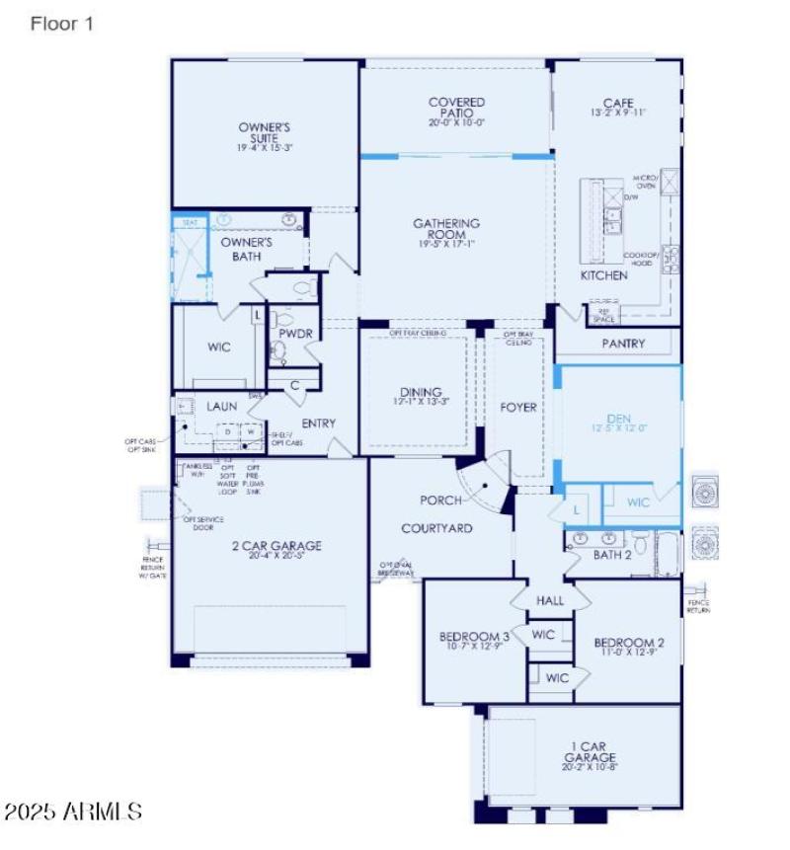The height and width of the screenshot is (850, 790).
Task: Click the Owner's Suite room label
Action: pos(264,132)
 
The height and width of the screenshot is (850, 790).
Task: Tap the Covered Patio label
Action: pos(456,108)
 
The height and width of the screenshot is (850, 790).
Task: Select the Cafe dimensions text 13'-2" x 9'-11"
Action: pos(617,114)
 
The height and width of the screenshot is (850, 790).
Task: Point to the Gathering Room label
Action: pos(446,230)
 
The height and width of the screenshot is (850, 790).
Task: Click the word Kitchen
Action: pos(603,275)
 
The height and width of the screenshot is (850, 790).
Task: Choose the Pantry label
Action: pos(623,344)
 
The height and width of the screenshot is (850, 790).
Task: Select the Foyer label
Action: pos(518,407)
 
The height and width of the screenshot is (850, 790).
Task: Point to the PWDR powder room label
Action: pos(295,334)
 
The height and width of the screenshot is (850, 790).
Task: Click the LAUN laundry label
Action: pos(221,406)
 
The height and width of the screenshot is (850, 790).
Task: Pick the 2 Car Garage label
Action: pos(271,545)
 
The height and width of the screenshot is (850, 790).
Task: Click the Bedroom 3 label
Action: pos(474,637)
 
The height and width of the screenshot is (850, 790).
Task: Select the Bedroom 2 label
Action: pos(628,644)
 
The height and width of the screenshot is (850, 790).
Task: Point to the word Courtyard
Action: pos(436,528)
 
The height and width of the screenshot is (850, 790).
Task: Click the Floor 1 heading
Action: pos(62,25)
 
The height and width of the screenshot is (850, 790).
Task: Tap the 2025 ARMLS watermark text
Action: pos(73,811)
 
